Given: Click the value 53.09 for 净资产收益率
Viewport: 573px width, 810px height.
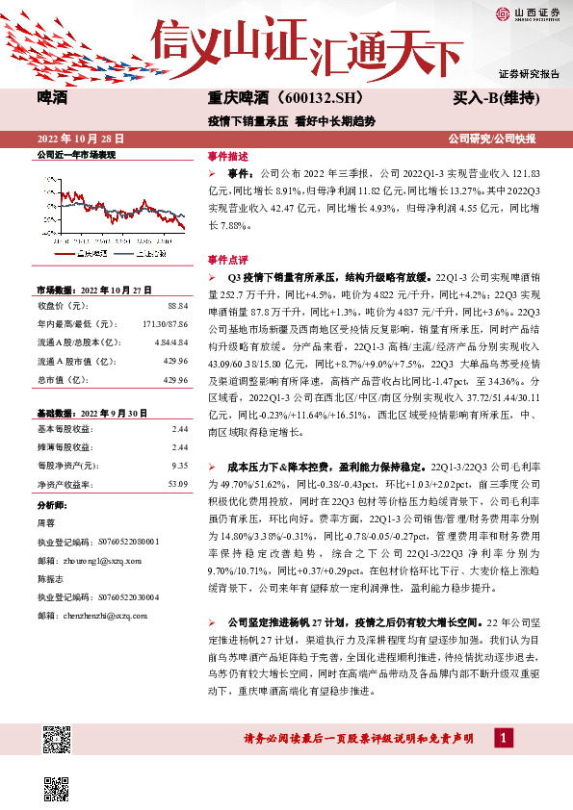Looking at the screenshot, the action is tap(175, 484).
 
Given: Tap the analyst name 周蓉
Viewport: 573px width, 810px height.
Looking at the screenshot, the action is tap(45, 523).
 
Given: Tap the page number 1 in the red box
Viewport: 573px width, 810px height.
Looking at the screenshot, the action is tap(503, 738).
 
